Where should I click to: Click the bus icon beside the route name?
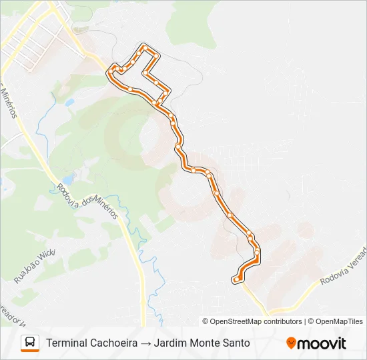coord(30,343)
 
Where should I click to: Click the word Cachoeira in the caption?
coord(114,343)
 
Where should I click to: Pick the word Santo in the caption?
coord(237,343)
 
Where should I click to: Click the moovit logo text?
coord(322,343)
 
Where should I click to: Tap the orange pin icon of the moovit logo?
coord(291,343)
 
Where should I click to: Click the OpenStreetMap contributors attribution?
coord(256,321)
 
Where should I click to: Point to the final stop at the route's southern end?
coord(236,279)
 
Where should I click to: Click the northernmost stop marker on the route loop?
coord(143,47)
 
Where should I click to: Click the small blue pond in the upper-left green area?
coord(69,103)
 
